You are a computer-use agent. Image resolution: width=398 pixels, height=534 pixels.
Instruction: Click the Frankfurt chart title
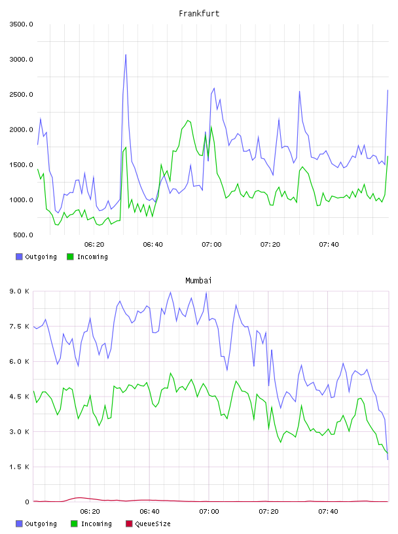[x=199, y=14]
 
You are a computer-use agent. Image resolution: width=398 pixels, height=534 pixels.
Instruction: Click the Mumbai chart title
[x=198, y=281]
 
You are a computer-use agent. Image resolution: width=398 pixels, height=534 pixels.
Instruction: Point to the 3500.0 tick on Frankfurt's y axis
[x=21, y=24]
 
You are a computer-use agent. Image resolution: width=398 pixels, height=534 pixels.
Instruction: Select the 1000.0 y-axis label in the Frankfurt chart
[x=21, y=200]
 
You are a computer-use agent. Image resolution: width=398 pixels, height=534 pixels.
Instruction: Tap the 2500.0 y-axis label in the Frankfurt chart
[x=21, y=94]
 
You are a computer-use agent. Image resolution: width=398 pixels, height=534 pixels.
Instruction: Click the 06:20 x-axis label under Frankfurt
[x=94, y=244]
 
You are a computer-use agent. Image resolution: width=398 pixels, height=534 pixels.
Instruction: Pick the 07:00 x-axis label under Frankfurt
[x=211, y=244]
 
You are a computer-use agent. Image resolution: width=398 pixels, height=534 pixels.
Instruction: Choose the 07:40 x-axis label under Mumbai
[x=328, y=511]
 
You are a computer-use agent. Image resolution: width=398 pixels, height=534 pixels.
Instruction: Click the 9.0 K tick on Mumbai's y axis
[x=20, y=291]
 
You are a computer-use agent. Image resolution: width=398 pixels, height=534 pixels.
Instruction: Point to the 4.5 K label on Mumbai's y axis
[x=20, y=397]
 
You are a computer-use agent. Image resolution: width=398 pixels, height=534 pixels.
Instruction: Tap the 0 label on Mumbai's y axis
[x=27, y=502]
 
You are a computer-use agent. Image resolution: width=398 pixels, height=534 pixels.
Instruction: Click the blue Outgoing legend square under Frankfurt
[x=19, y=257]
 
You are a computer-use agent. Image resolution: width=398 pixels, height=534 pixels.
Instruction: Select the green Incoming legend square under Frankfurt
[x=70, y=257]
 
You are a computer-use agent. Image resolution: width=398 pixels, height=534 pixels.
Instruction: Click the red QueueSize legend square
[x=129, y=524]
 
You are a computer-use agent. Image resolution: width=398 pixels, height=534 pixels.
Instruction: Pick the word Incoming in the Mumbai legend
[x=96, y=524]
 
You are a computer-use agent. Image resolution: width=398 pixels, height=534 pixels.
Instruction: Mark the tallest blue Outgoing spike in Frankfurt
[x=126, y=54]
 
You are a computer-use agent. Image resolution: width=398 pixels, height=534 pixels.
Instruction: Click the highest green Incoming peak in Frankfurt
[x=188, y=120]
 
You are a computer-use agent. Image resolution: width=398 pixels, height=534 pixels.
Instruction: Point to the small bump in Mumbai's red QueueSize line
[x=79, y=498]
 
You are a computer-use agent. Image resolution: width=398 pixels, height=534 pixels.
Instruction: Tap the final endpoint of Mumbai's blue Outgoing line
[x=388, y=459]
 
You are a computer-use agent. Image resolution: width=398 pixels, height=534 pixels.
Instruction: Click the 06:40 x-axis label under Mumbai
[x=150, y=511]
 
